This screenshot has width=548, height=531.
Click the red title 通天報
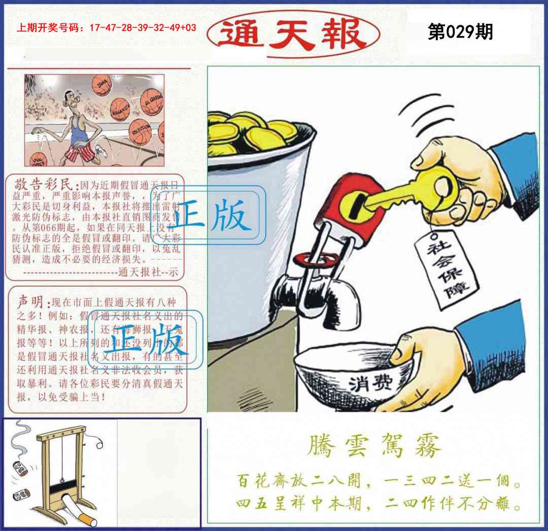(x=293, y=34)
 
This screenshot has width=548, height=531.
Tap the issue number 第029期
(x=460, y=32)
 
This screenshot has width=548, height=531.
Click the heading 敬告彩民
(x=46, y=184)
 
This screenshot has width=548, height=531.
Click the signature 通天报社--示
(x=148, y=272)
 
